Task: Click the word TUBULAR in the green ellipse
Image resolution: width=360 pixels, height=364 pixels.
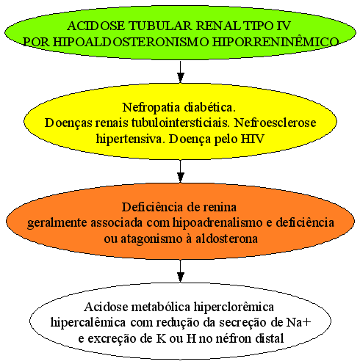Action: click(x=160, y=26)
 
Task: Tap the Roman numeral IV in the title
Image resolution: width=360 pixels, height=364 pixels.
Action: click(x=284, y=26)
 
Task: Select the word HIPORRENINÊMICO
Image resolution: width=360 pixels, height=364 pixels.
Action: click(x=276, y=42)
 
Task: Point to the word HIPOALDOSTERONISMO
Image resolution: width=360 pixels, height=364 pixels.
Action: click(x=131, y=42)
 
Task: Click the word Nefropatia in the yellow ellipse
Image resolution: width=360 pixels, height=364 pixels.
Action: click(x=151, y=108)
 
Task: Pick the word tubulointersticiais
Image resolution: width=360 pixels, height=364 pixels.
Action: click(x=181, y=123)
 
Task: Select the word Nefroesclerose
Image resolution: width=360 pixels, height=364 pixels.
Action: click(x=275, y=123)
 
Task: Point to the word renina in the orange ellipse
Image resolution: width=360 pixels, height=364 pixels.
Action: click(x=220, y=208)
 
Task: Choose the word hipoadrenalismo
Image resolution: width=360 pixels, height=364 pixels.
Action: click(x=217, y=223)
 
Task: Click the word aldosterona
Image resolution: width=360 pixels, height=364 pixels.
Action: click(x=226, y=239)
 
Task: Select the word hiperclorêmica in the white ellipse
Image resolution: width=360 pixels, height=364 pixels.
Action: click(x=234, y=307)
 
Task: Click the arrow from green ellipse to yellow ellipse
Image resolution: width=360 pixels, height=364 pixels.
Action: click(x=181, y=72)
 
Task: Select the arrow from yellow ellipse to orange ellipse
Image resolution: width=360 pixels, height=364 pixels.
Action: click(x=181, y=171)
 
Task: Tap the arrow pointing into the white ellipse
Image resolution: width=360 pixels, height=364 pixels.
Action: click(x=181, y=271)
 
